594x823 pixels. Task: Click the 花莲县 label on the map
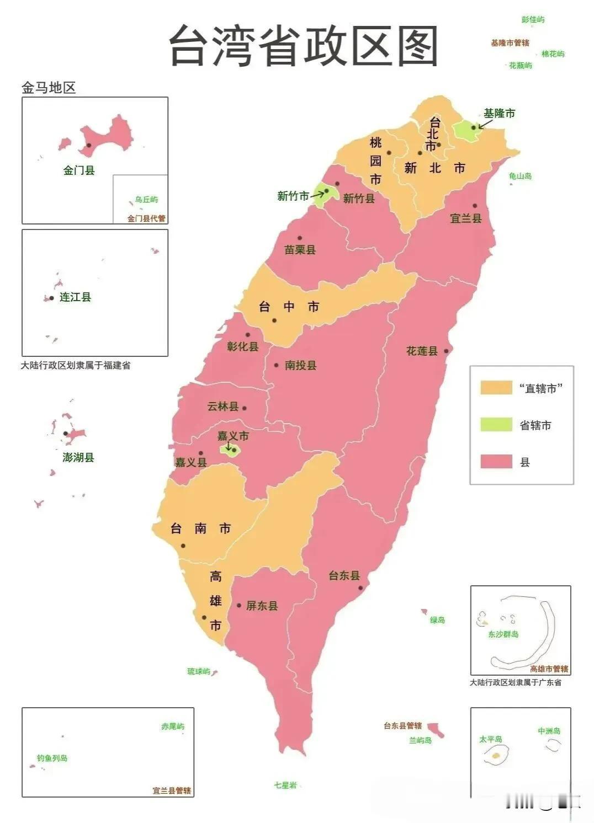[422, 351]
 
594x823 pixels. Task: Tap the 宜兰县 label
[465, 218]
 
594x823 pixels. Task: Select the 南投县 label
[300, 365]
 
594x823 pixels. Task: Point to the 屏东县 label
[262, 606]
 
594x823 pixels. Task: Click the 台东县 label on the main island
[344, 576]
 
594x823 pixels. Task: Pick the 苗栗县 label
[300, 250]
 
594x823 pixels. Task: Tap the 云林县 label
[222, 407]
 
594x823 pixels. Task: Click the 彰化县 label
[242, 347]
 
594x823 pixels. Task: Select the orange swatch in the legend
[496, 388]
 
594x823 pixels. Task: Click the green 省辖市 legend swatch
[496, 425]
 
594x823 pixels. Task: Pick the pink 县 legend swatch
[496, 462]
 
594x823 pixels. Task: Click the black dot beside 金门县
[88, 146]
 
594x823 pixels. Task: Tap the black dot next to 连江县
[52, 298]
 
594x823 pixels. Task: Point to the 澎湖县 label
[78, 457]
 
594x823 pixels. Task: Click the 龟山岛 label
[520, 176]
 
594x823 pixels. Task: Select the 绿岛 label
[437, 620]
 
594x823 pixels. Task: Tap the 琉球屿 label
[198, 671]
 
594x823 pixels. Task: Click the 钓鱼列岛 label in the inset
[52, 758]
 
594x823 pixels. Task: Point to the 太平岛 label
[490, 739]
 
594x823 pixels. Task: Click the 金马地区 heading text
[49, 88]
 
